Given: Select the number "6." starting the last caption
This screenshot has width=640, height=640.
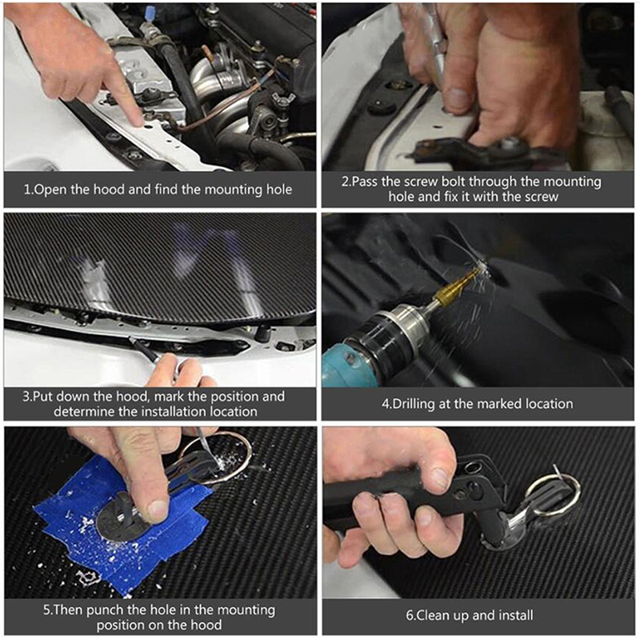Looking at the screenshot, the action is click(410, 615).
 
